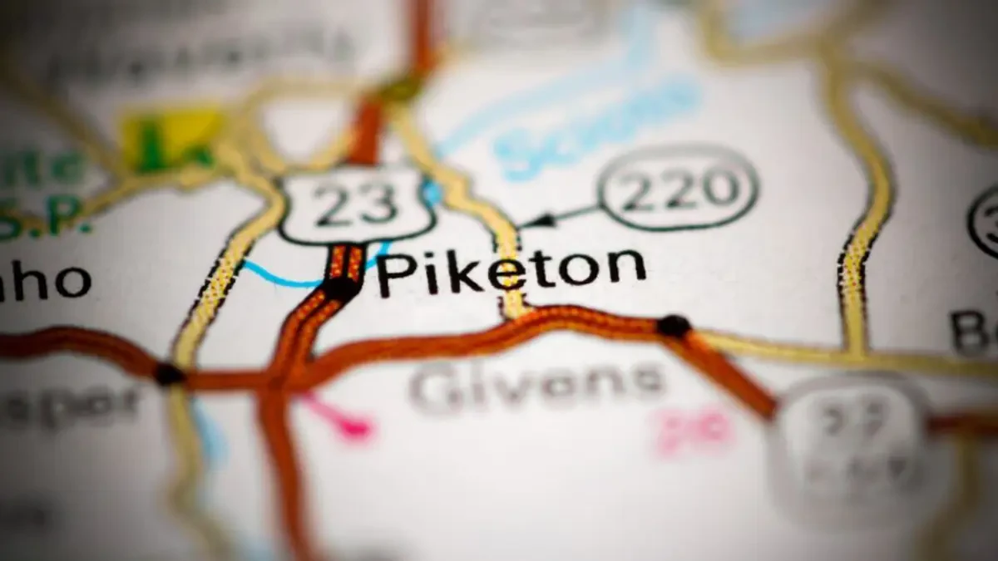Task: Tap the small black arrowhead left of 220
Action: [x=541, y=220]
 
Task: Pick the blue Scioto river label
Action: [x=595, y=125]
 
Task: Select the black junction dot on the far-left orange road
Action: [x=169, y=374]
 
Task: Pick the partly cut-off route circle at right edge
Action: [x=986, y=220]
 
